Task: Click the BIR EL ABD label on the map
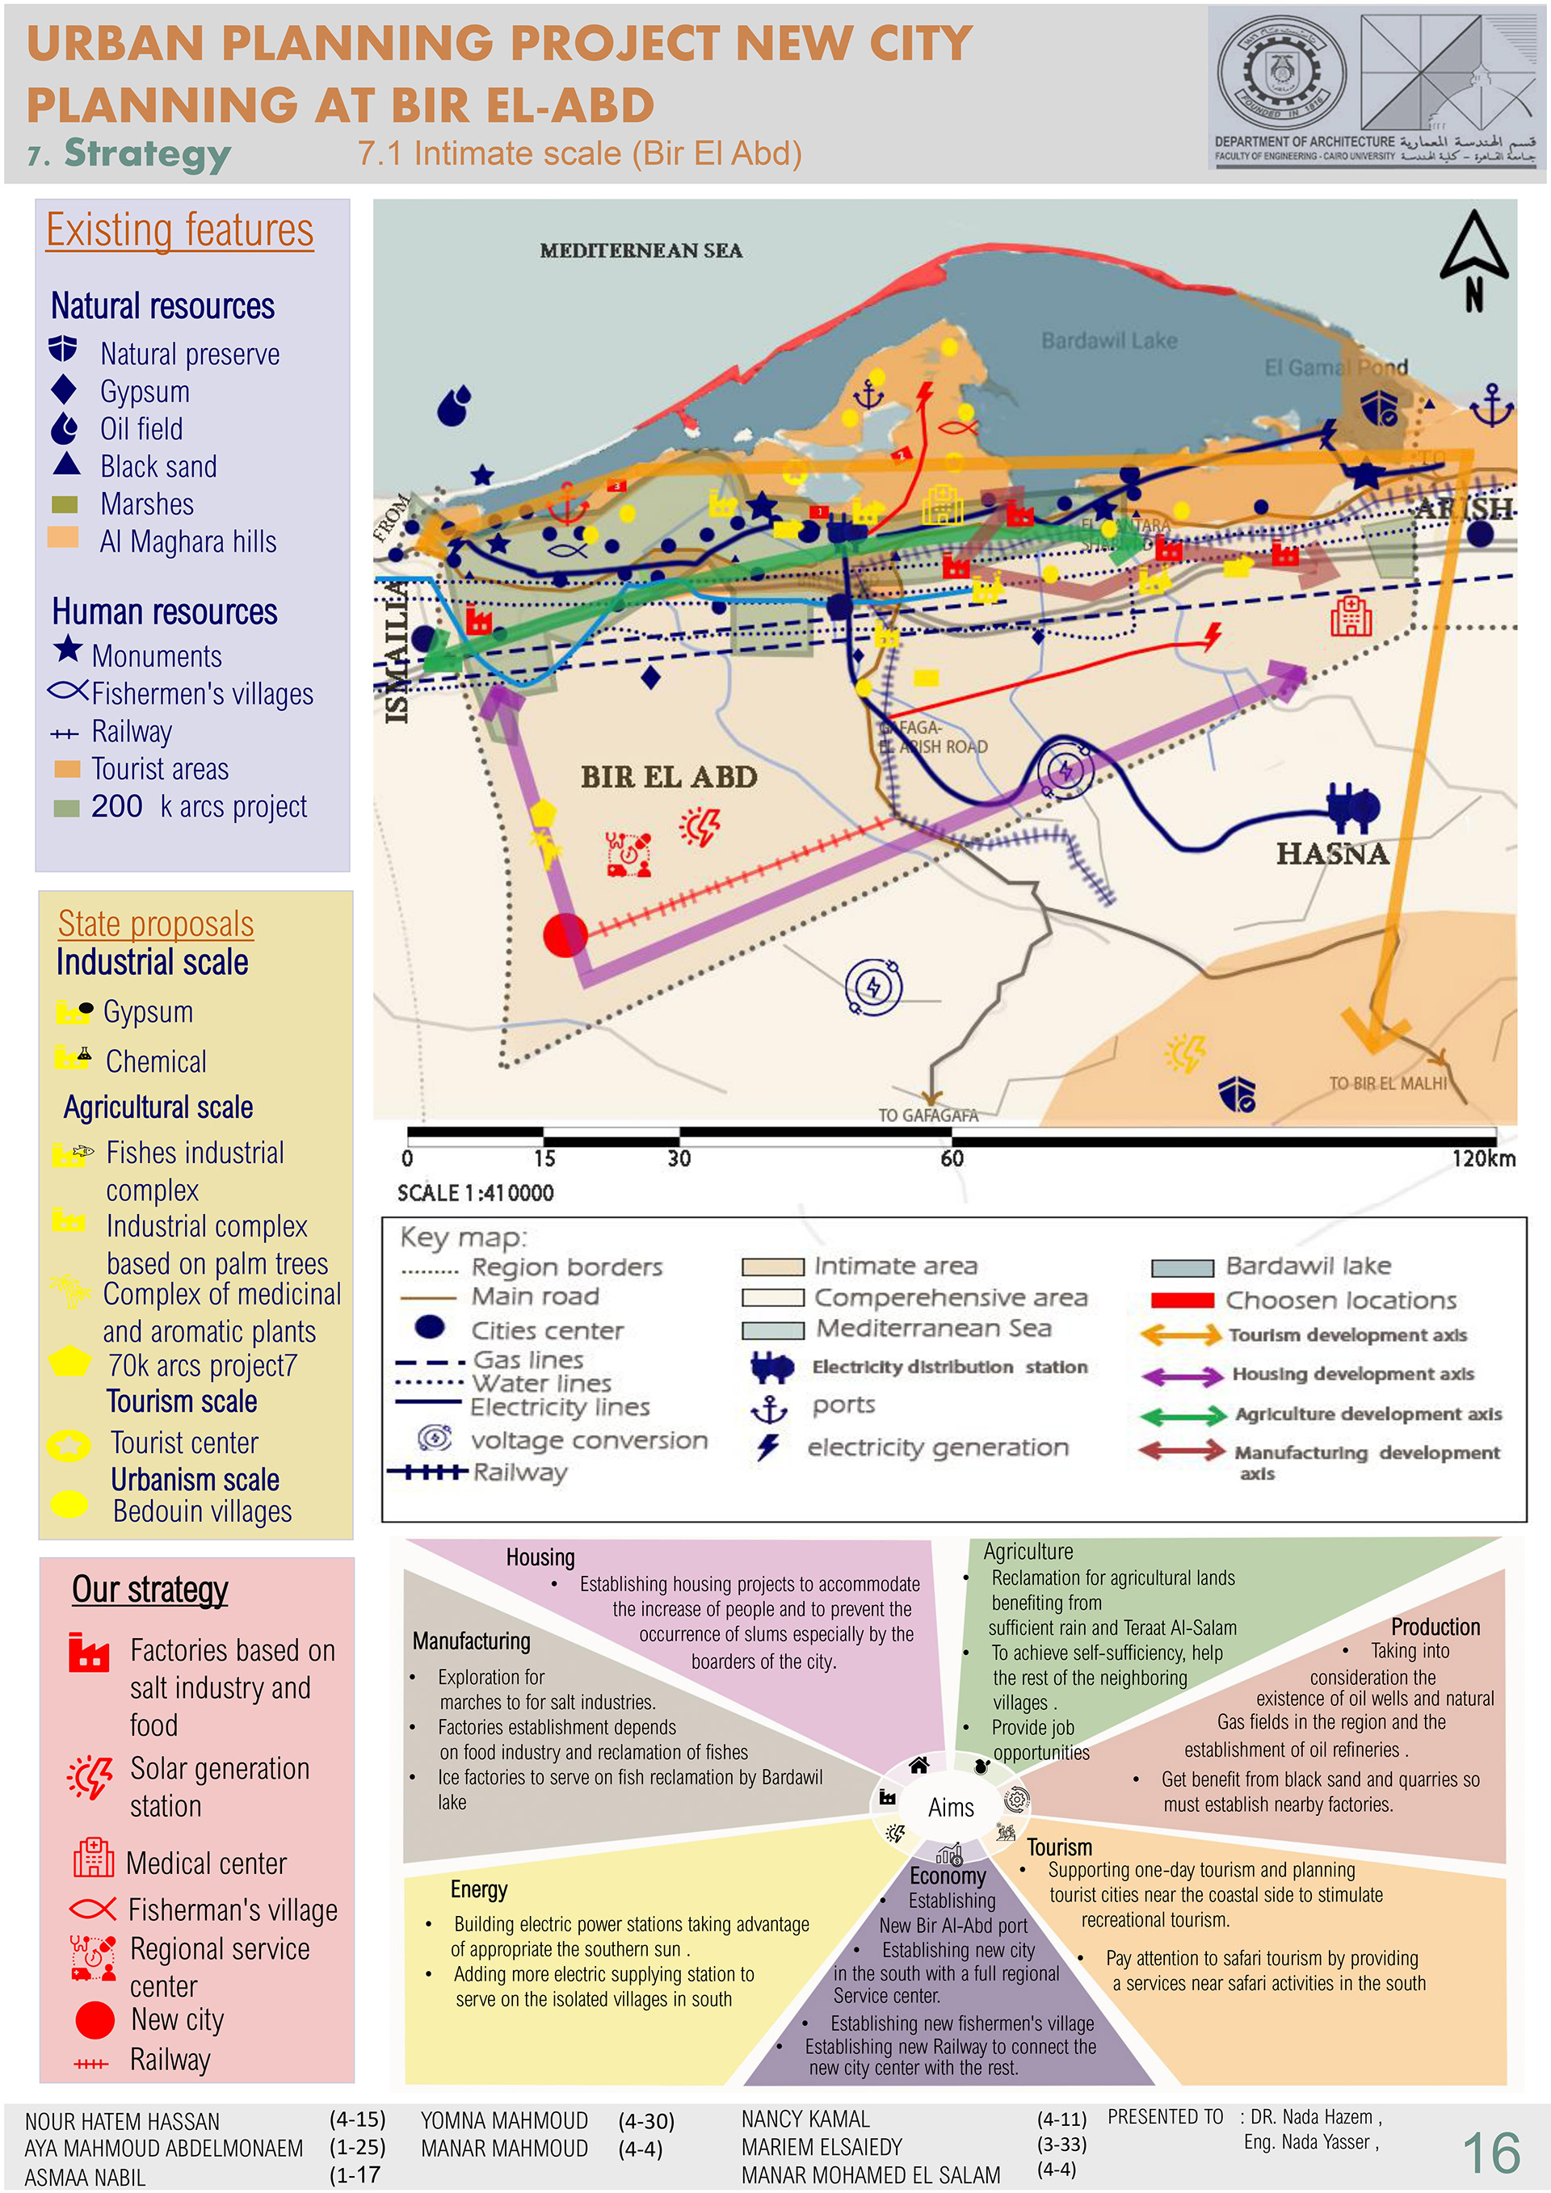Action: [x=669, y=776]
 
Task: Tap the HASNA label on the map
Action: [x=1332, y=853]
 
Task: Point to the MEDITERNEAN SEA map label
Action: [x=641, y=250]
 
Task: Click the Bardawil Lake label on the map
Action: [x=1109, y=341]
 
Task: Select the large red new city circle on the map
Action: [x=565, y=934]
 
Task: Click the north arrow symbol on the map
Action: [x=1473, y=260]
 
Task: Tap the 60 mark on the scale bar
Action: [x=952, y=1158]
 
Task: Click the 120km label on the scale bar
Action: [x=1483, y=1158]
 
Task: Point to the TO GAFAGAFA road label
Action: [x=928, y=1115]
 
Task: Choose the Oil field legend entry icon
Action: [x=64, y=429]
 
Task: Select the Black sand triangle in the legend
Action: [x=66, y=464]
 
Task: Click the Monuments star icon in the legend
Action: [x=68, y=649]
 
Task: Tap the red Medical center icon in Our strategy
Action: [x=94, y=1858]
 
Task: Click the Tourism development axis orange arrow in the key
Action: [x=1180, y=1334]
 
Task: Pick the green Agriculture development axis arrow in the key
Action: [x=1183, y=1414]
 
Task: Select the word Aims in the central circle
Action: [x=952, y=1807]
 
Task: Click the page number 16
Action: [x=1491, y=2153]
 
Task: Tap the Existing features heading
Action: [x=179, y=230]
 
